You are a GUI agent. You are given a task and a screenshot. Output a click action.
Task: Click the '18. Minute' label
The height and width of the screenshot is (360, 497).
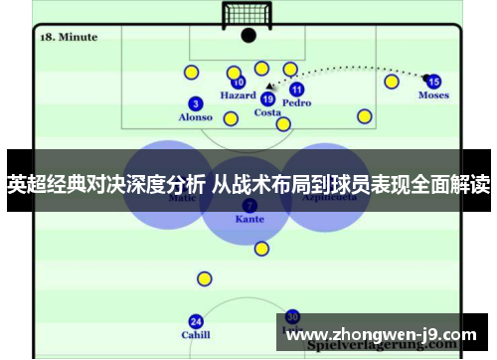pos(69,37)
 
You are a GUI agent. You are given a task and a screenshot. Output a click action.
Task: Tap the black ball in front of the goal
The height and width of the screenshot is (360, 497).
pos(248,36)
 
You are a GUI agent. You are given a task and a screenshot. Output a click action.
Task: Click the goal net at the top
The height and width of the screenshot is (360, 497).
pos(248,15)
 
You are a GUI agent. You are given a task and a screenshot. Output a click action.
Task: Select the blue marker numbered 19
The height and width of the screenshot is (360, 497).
pos(267,98)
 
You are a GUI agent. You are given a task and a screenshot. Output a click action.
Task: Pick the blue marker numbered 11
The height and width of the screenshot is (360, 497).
pos(296,90)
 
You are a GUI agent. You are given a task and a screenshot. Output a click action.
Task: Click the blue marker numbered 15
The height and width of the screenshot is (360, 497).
pos(433,82)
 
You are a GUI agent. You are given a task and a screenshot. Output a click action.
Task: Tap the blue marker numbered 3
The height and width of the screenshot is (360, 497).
pos(195,103)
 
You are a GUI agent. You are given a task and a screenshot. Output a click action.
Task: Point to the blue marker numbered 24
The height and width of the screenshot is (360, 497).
pos(195,321)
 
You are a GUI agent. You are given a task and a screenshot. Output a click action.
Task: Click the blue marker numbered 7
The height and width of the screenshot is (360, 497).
pos(248,204)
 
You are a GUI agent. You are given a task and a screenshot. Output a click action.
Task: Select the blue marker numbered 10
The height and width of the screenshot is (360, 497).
pos(238,83)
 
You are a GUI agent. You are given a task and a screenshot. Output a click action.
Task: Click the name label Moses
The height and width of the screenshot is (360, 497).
pos(433,95)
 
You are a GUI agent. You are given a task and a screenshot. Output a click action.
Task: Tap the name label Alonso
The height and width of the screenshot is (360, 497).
pos(195,117)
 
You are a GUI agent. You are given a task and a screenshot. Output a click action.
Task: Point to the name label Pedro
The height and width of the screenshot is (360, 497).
pos(296,102)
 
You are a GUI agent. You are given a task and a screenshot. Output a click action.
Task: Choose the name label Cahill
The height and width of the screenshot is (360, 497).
pos(195,335)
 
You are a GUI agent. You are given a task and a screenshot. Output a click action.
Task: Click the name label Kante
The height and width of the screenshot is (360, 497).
pos(248,218)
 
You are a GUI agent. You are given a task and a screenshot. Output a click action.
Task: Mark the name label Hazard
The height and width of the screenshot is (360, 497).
pos(238,95)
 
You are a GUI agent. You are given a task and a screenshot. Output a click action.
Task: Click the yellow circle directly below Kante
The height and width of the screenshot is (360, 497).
pos(261,249)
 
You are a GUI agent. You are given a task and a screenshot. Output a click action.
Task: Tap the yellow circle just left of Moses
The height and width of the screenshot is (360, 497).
pos(392,82)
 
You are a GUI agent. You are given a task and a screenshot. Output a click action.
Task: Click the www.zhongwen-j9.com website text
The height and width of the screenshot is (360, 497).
pos(381,334)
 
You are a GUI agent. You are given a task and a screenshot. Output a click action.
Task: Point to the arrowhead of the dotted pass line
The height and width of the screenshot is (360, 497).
pos(268,88)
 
